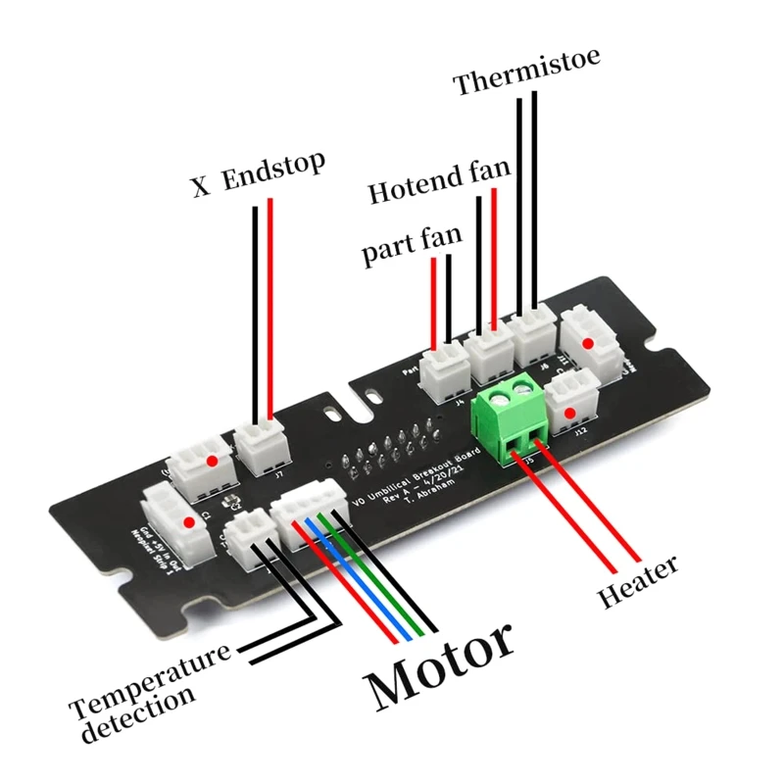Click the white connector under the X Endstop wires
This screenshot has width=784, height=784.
pyautogui.click(x=263, y=446)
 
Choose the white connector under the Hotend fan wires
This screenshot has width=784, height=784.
pyautogui.click(x=489, y=351)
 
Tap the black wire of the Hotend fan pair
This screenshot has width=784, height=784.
pyautogui.click(x=478, y=265)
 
